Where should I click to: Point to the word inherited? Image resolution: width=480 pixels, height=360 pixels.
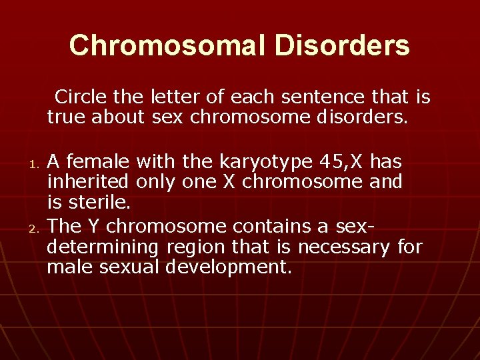point(89,181)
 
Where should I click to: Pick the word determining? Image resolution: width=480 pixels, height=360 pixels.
point(102,248)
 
